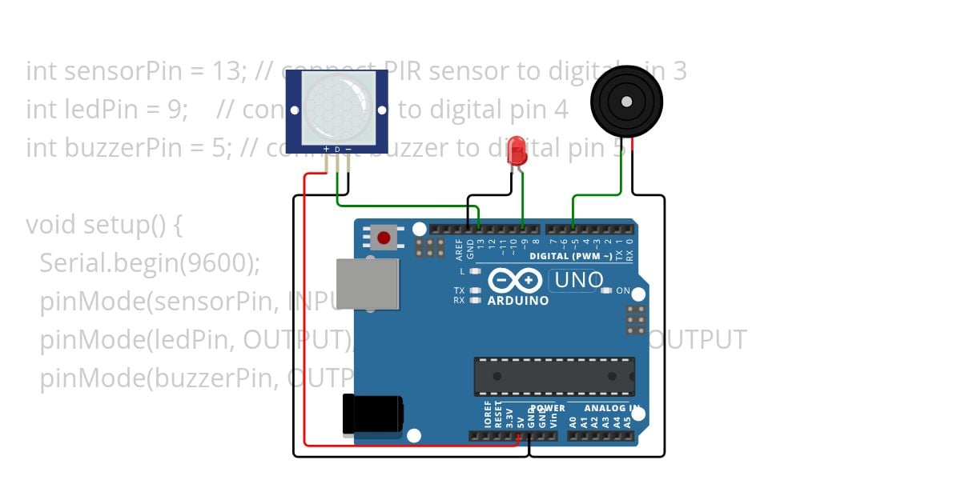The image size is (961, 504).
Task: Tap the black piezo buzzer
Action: (x=627, y=102)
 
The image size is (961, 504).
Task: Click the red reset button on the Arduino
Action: (x=384, y=238)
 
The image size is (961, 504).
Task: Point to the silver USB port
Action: (x=368, y=283)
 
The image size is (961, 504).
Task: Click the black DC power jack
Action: (x=372, y=414)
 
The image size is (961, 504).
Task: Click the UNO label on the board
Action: (x=578, y=280)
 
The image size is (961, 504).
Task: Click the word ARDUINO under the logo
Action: (x=518, y=301)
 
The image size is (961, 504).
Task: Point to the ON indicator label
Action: (x=622, y=290)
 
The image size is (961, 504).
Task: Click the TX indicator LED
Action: (x=476, y=290)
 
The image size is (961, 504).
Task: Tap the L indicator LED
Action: (x=476, y=272)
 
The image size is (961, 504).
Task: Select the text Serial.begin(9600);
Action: (x=150, y=263)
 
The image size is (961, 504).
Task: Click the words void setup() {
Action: (x=104, y=225)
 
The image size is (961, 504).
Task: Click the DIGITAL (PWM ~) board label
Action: (x=570, y=256)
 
